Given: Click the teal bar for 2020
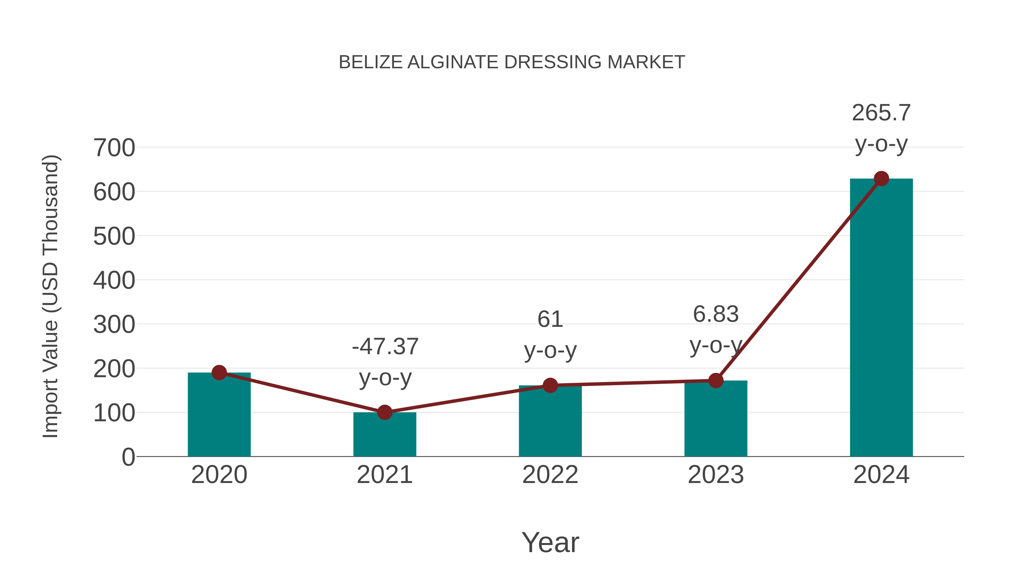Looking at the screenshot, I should [x=219, y=415].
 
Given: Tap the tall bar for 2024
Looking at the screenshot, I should [x=881, y=318].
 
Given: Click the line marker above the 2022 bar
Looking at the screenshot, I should [x=550, y=385].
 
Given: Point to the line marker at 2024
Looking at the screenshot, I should [x=881, y=178].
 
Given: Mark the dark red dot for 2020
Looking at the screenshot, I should [x=219, y=372].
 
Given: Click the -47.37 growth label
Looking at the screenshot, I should [x=385, y=347].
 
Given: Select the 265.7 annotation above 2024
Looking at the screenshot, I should [x=881, y=113].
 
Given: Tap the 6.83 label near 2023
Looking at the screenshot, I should [x=716, y=314].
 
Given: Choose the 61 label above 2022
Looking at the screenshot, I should [x=550, y=319].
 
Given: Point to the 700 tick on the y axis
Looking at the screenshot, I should [x=114, y=148].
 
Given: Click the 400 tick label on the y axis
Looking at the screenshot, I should [x=114, y=281].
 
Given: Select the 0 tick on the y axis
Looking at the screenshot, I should [x=128, y=457].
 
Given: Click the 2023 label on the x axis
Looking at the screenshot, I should [x=716, y=475].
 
